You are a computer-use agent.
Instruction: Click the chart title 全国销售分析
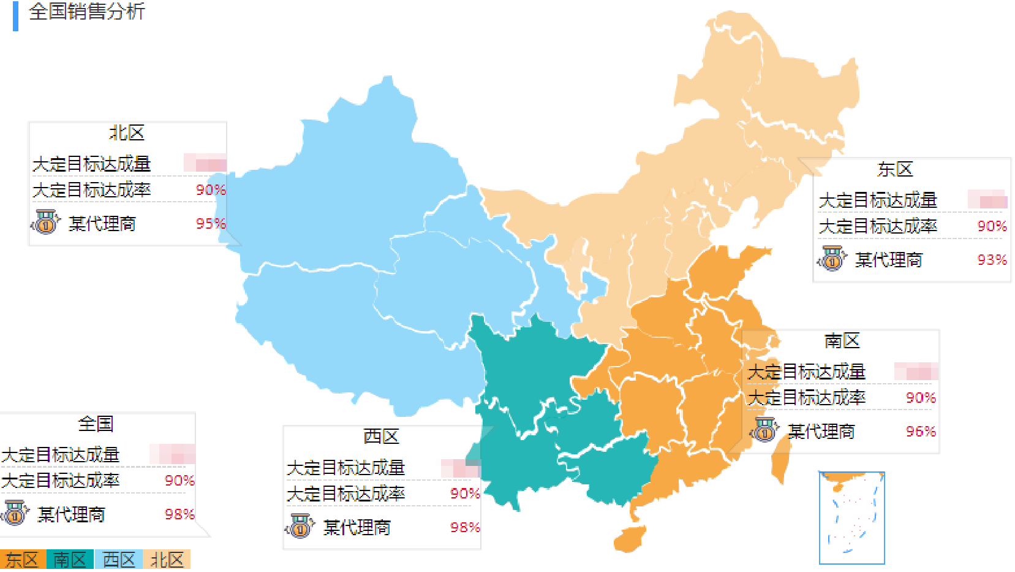tap(86, 12)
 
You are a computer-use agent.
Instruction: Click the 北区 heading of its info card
tap(127, 133)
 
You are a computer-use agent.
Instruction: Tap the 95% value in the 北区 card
tap(211, 224)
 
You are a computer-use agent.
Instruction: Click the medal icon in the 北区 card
tap(46, 222)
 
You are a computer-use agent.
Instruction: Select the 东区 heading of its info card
tap(895, 169)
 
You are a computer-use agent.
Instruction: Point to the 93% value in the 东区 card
tap(992, 260)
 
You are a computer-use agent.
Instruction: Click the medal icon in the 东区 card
tap(832, 258)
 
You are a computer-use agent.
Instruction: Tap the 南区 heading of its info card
tap(842, 341)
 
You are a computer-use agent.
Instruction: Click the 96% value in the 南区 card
tap(921, 432)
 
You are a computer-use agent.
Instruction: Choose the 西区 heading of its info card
tap(381, 437)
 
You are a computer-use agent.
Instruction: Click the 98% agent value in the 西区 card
tap(465, 527)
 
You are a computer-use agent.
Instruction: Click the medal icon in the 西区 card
tap(300, 526)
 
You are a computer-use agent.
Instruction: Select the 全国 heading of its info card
tap(96, 424)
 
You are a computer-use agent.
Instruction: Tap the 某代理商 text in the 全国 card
tap(71, 514)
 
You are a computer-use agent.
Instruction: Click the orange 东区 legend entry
tap(23, 560)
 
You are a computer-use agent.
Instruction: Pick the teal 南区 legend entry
tap(70, 560)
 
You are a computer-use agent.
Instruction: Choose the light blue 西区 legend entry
tap(118, 560)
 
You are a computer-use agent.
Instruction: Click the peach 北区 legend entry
tap(167, 560)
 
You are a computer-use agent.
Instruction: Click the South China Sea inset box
tap(851, 517)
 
